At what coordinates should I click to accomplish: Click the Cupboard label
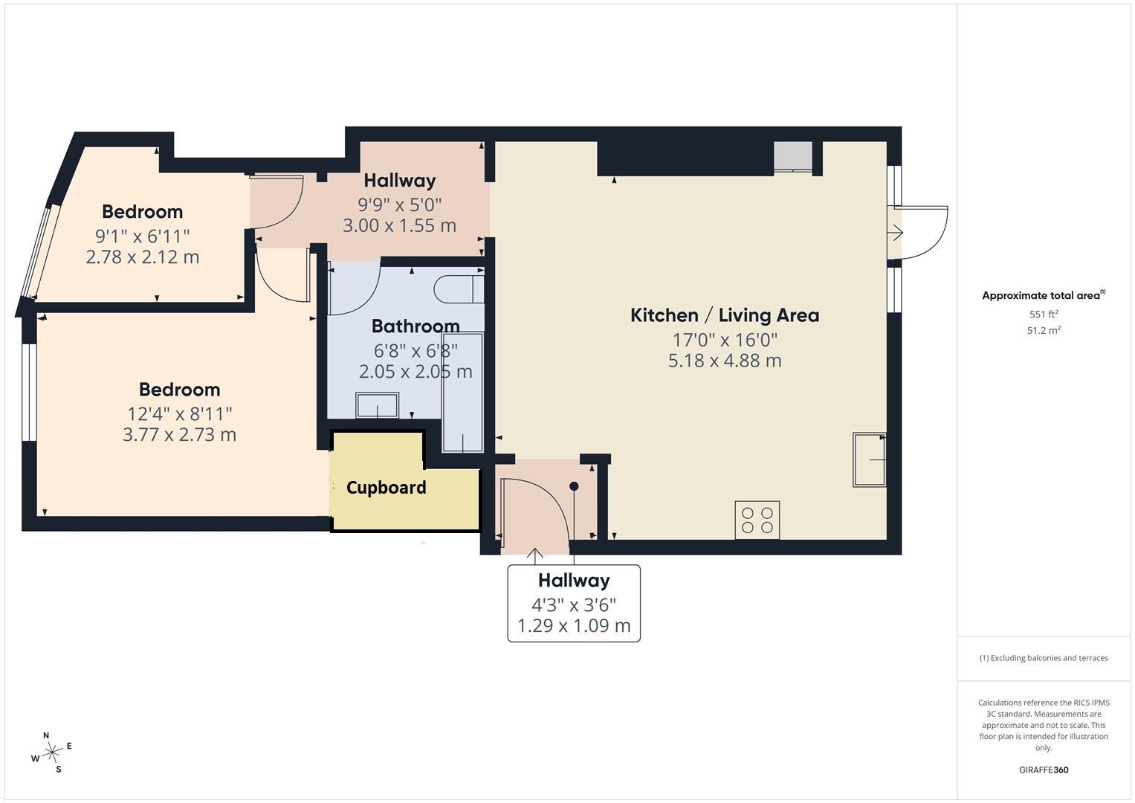(x=386, y=488)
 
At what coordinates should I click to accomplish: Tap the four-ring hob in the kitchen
(x=757, y=520)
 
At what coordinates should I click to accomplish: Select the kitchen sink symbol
(x=870, y=459)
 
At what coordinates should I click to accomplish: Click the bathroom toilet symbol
(x=459, y=289)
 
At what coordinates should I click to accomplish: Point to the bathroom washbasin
(x=377, y=405)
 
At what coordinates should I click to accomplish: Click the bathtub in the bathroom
(x=462, y=392)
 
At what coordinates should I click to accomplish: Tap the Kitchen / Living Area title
(x=725, y=315)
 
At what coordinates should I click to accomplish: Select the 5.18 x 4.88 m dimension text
(x=725, y=361)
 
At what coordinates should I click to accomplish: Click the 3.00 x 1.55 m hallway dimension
(x=399, y=225)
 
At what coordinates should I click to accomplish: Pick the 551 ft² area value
(x=1044, y=314)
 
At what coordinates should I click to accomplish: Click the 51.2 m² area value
(x=1044, y=330)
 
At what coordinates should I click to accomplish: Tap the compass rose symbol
(x=52, y=752)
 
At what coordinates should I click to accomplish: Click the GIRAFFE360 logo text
(x=1044, y=770)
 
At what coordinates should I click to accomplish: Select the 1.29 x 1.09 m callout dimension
(x=574, y=626)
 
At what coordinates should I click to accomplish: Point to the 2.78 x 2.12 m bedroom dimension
(x=143, y=257)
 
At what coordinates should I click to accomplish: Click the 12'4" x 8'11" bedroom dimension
(x=179, y=414)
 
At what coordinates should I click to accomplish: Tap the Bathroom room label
(x=415, y=326)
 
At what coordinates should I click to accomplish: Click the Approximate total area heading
(x=1044, y=295)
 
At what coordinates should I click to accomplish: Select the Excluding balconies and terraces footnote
(x=1044, y=658)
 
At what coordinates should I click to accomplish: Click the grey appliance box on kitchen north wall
(x=793, y=156)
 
